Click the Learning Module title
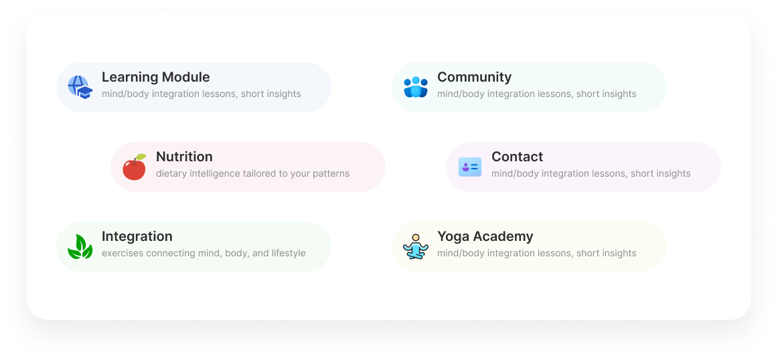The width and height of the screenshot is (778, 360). click(155, 77)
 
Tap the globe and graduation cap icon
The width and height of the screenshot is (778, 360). click(80, 87)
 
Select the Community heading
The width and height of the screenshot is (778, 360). click(474, 77)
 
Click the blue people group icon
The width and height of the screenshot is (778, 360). click(415, 87)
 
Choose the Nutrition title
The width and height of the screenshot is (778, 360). click(184, 157)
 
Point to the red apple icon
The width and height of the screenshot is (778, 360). click(134, 168)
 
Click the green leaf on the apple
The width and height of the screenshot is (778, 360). click(141, 157)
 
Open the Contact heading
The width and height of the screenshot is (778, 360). click(517, 157)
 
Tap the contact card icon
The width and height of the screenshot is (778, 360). click(469, 167)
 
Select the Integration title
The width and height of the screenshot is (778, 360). click(137, 236)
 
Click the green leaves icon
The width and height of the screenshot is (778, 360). click(80, 247)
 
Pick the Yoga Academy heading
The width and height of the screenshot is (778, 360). click(485, 236)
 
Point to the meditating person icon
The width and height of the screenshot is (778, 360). click(415, 246)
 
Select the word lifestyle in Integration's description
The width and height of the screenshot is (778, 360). click(289, 253)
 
